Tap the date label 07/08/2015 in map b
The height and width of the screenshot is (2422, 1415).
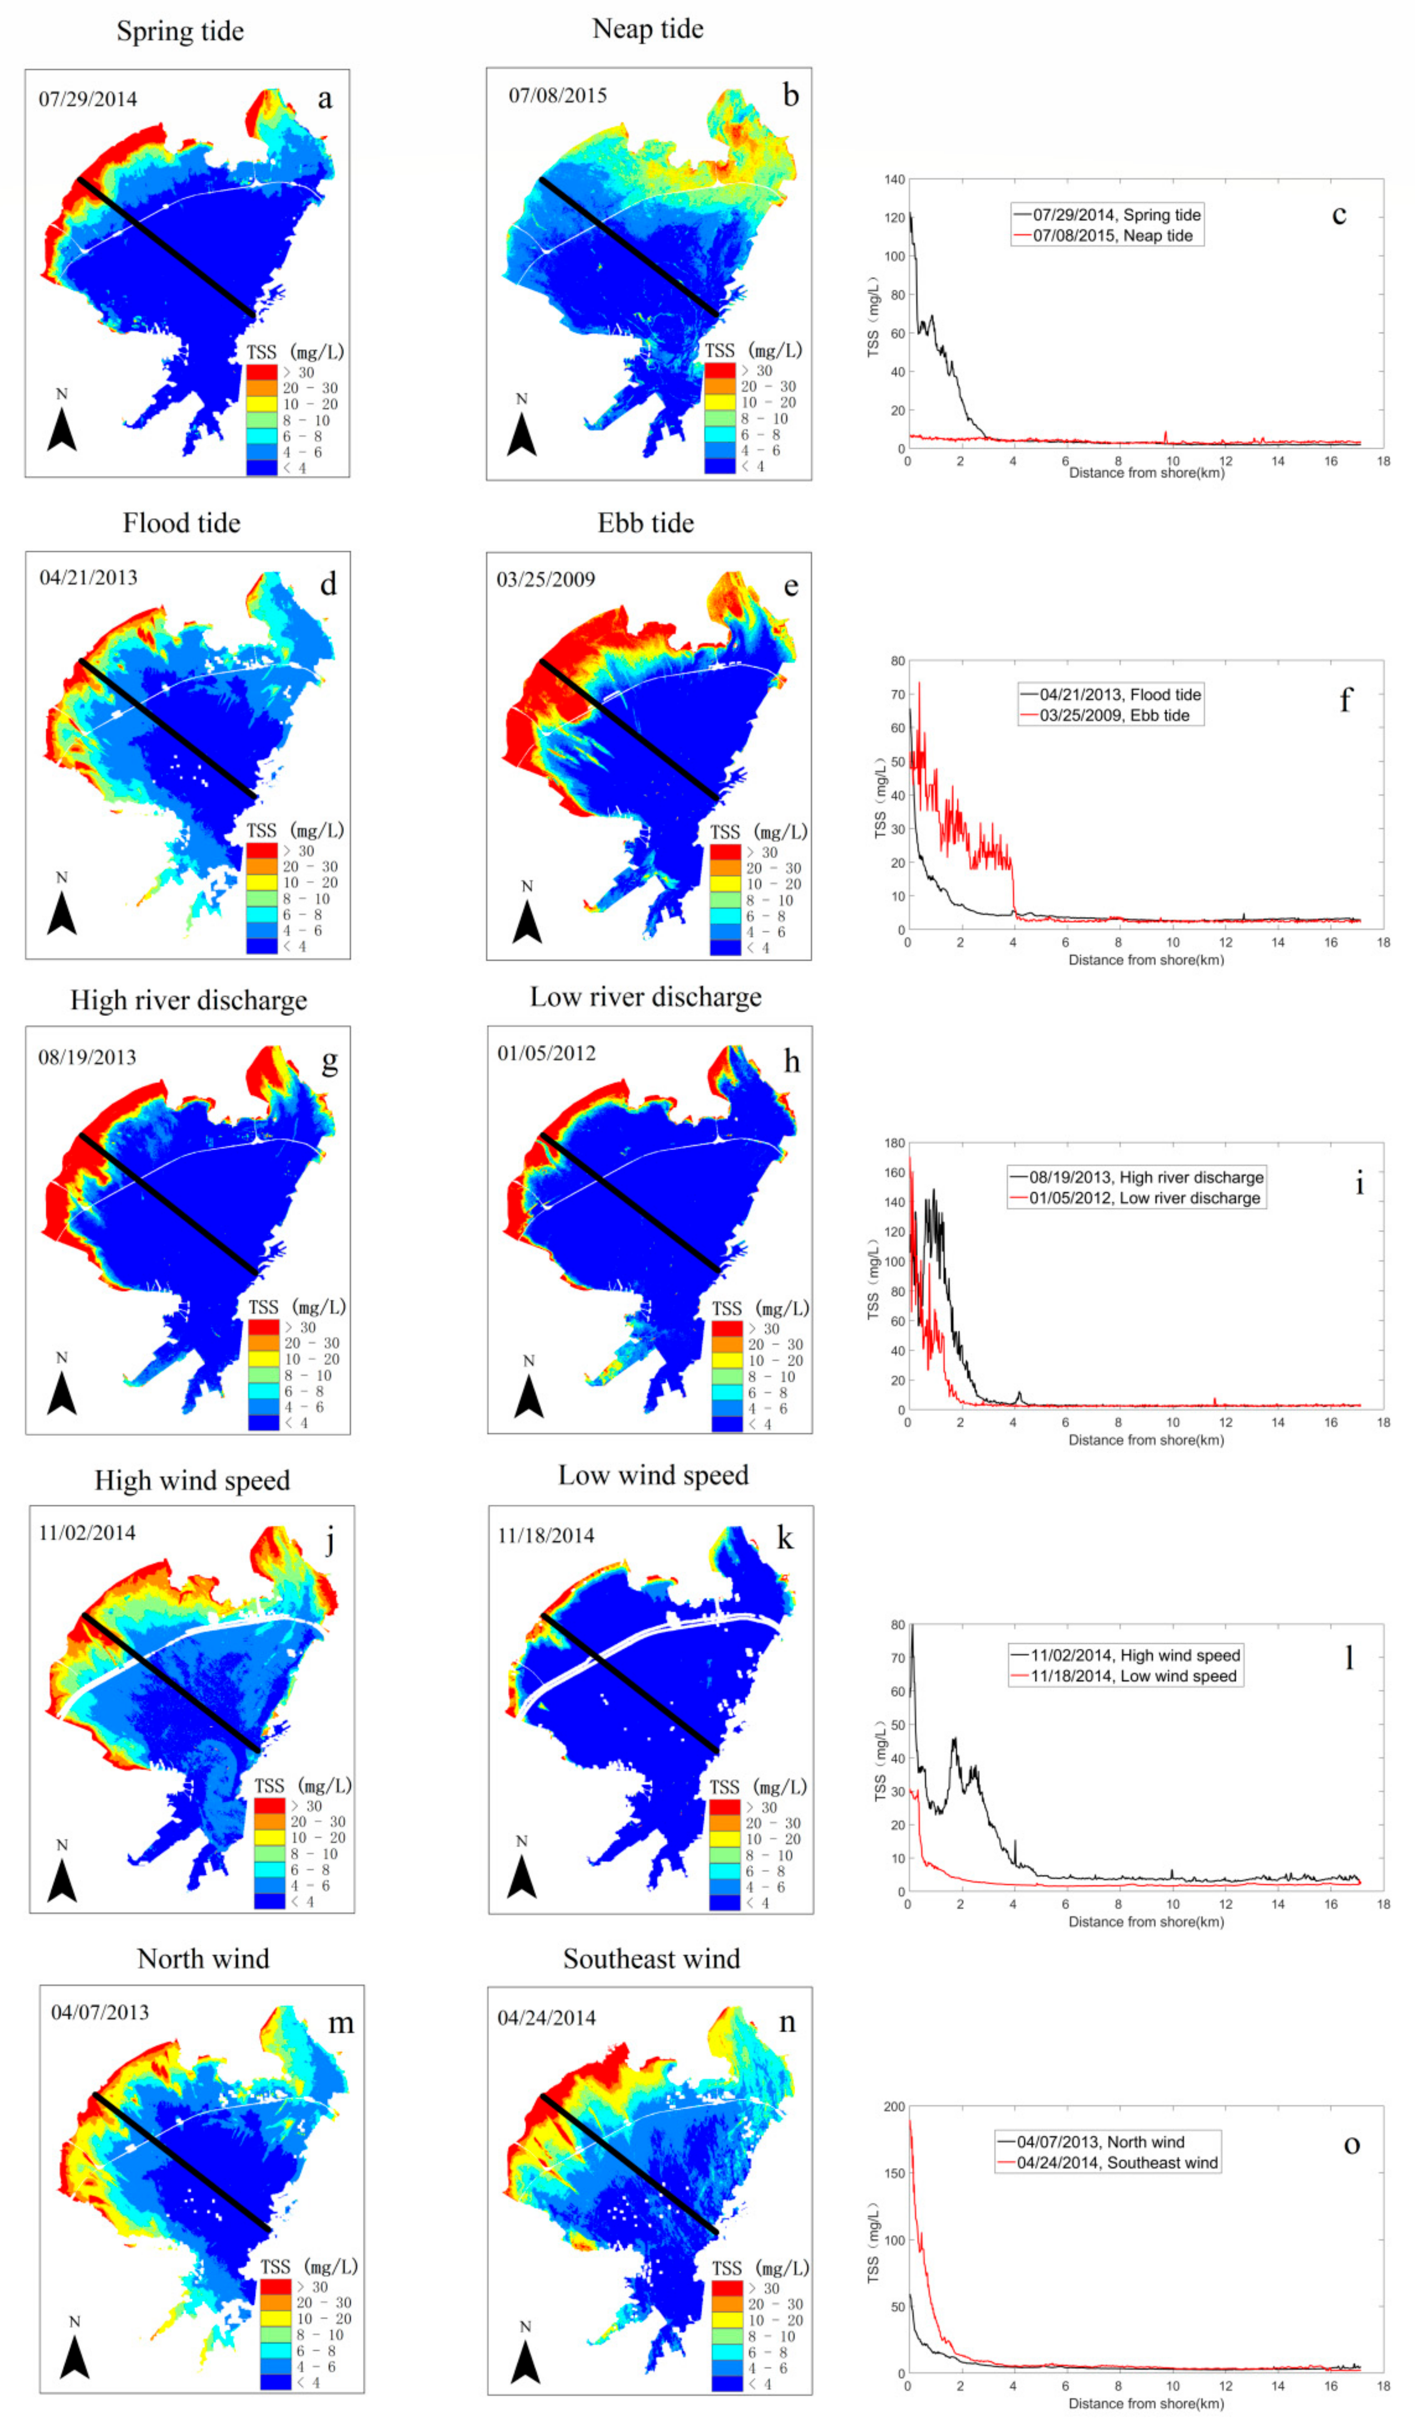pos(557,95)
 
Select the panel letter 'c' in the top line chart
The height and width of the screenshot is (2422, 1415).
pos(1338,214)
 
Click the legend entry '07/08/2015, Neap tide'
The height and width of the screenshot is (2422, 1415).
pos(1112,235)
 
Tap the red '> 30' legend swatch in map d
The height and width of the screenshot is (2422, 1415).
pos(261,851)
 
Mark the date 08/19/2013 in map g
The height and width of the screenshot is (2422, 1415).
pos(87,1057)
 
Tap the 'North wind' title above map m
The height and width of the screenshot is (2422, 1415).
pos(203,1959)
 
